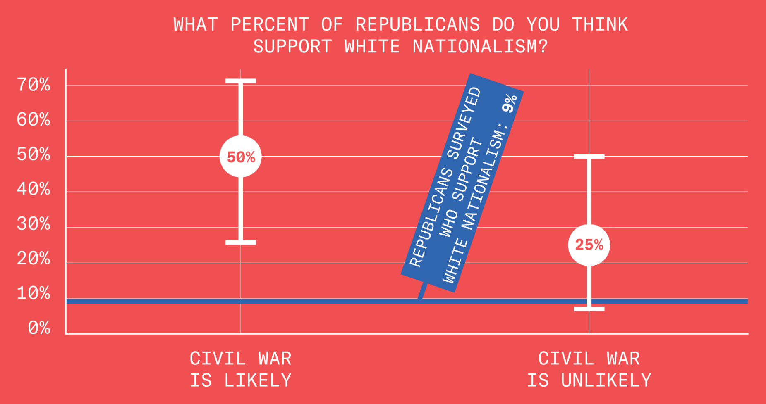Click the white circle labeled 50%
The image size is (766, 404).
(x=240, y=157)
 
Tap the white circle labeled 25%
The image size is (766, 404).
(x=589, y=245)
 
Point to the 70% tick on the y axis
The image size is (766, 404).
(x=34, y=85)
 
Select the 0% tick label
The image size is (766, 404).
(x=39, y=328)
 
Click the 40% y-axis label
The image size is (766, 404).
(x=34, y=189)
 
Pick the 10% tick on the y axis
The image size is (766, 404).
(x=34, y=293)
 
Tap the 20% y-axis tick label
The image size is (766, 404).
(x=34, y=259)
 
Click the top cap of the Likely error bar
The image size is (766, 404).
(x=240, y=81)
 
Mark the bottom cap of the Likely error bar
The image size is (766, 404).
(x=240, y=242)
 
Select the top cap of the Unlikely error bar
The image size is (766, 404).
(x=589, y=157)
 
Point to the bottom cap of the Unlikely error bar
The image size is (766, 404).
(x=589, y=309)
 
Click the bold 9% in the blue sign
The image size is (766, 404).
(x=509, y=103)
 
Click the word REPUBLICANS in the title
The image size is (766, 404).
(x=417, y=25)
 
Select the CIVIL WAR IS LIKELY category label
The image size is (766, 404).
(x=240, y=369)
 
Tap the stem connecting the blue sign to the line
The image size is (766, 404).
(x=422, y=291)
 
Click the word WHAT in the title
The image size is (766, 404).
(x=195, y=25)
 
